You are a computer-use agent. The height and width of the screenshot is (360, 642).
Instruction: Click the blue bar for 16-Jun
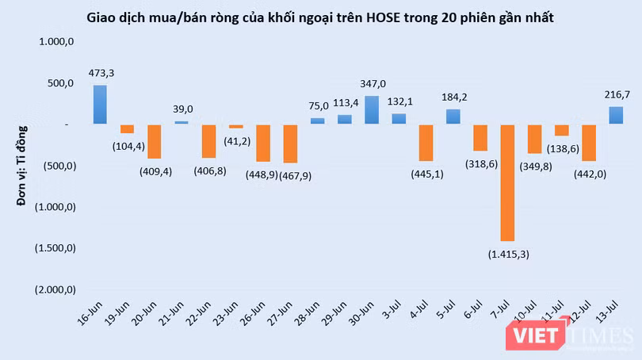coord(100,105)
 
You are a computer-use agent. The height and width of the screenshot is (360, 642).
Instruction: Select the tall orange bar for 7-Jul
coord(508,182)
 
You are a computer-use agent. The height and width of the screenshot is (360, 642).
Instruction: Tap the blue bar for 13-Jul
coord(616,116)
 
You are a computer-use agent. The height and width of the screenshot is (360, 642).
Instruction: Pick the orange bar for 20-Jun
coord(154,141)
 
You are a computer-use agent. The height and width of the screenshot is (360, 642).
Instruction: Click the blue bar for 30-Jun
coord(371,110)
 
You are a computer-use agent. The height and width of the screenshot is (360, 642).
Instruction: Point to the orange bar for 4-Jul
coord(426,143)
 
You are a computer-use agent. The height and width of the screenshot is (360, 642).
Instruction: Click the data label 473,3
coord(101,73)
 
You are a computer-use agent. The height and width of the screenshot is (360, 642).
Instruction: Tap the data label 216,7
coord(617,94)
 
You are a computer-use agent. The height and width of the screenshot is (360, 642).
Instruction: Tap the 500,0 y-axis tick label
coord(60,83)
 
